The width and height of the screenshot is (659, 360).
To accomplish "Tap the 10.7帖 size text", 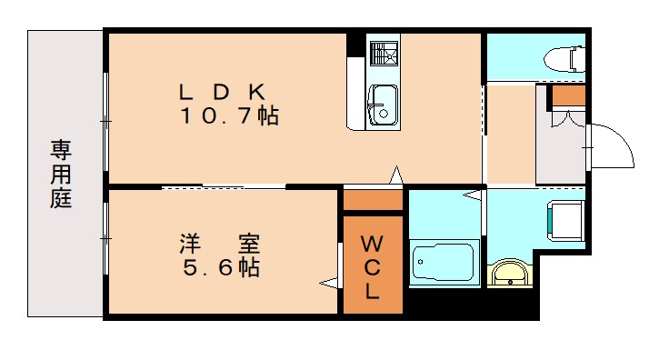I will coord(228,116).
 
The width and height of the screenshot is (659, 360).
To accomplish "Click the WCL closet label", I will coord(373,266).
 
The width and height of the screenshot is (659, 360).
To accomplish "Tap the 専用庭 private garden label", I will coord(61,173).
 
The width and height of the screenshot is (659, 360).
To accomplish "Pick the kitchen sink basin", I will coord(382,104).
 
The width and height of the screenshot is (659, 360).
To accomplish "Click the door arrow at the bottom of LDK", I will coord(395,175).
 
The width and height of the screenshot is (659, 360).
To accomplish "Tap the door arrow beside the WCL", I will coord(329,284).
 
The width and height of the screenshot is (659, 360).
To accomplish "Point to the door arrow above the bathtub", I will coord(472,195).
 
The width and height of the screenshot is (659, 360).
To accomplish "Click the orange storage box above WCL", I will coord(373,199).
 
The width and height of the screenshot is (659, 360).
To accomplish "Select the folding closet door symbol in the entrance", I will coord(563,115).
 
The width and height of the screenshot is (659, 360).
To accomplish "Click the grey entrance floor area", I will coord(561,155).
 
